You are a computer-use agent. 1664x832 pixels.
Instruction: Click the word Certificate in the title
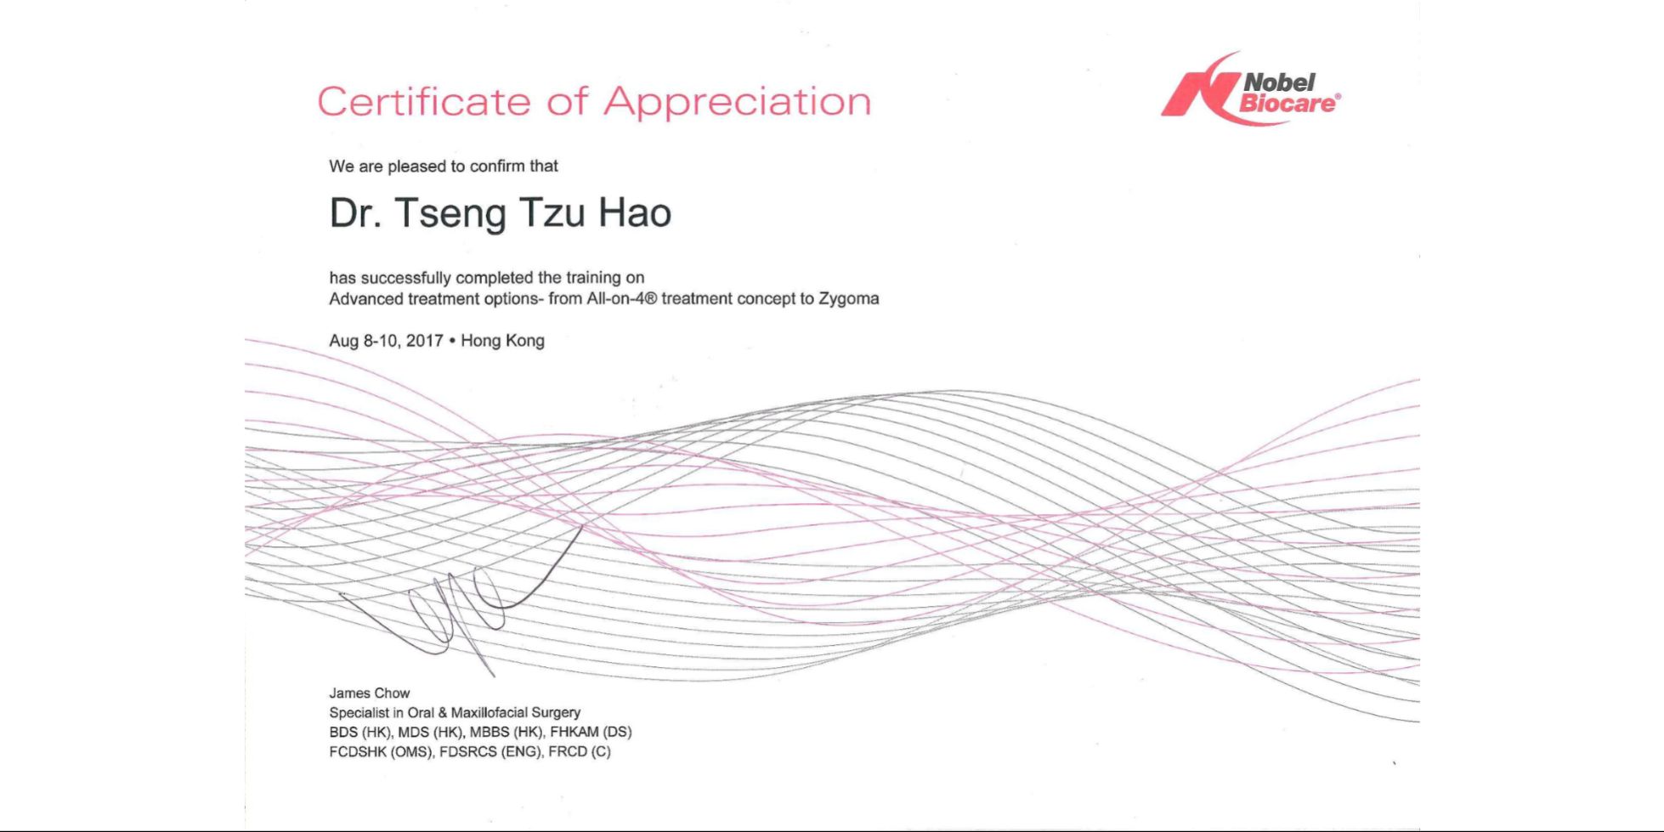[424, 101]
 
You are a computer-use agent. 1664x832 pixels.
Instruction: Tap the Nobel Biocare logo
[1251, 89]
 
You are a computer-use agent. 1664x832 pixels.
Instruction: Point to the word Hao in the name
[635, 212]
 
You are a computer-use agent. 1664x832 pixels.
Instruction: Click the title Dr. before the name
[354, 212]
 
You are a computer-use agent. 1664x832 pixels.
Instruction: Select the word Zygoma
[849, 300]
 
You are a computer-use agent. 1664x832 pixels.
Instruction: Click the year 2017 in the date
[424, 341]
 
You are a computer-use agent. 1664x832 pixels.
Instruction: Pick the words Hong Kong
[502, 342]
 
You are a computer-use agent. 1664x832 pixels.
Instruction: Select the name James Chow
[370, 693]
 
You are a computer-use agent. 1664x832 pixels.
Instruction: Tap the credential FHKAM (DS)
[591, 733]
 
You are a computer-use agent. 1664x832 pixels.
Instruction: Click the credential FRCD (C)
[580, 752]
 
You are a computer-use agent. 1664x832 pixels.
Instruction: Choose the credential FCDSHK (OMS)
[382, 752]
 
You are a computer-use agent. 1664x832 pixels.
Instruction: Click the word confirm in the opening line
[497, 167]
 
